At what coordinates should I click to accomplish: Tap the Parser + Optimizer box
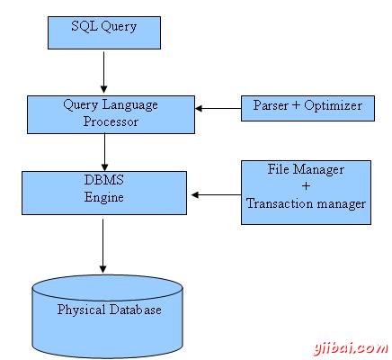[306, 107]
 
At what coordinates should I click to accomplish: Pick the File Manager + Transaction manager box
[306, 191]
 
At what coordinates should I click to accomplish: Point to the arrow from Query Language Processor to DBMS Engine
[105, 148]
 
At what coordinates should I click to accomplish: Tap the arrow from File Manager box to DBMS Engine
[215, 193]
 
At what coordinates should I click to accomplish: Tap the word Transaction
[279, 204]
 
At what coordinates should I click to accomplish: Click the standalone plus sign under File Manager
[307, 186]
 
